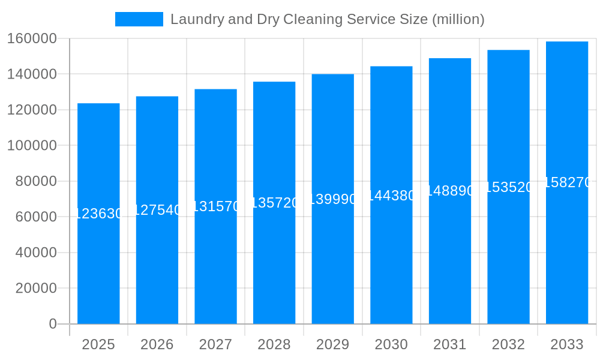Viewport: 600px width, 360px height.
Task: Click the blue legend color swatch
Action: pyautogui.click(x=139, y=19)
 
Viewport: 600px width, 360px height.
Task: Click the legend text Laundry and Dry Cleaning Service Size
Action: pyautogui.click(x=328, y=19)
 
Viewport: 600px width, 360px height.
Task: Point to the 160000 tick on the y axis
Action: pyautogui.click(x=32, y=38)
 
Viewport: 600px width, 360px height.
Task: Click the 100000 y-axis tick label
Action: pyautogui.click(x=32, y=146)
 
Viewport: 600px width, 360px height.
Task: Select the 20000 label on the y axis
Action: pyautogui.click(x=36, y=289)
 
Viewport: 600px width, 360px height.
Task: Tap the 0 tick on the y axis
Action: pyautogui.click(x=53, y=324)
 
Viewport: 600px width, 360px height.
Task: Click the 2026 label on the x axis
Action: pyautogui.click(x=157, y=344)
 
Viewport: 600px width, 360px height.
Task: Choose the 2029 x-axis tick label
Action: pyautogui.click(x=333, y=344)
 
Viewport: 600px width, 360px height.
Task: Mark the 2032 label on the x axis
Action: pyautogui.click(x=508, y=344)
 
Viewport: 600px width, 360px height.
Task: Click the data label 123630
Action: pyautogui.click(x=98, y=214)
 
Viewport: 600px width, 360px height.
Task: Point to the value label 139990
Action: pyautogui.click(x=333, y=199)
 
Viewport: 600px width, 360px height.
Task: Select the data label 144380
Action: pyautogui.click(x=391, y=196)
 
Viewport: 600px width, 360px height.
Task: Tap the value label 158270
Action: pyautogui.click(x=567, y=182)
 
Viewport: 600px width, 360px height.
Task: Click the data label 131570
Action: pyautogui.click(x=215, y=206)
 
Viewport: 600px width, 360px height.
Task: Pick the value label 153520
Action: pyautogui.click(x=508, y=187)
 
